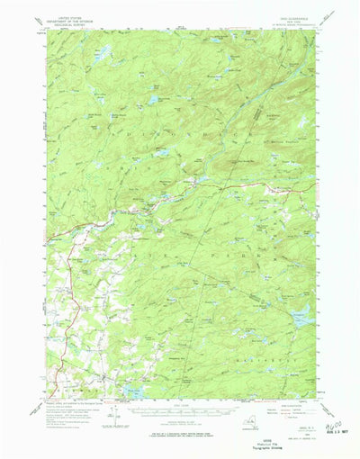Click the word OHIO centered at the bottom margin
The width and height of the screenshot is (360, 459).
(180, 432)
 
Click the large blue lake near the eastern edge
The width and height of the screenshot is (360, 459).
(301, 311)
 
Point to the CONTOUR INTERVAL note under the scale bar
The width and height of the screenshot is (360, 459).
(179, 423)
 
